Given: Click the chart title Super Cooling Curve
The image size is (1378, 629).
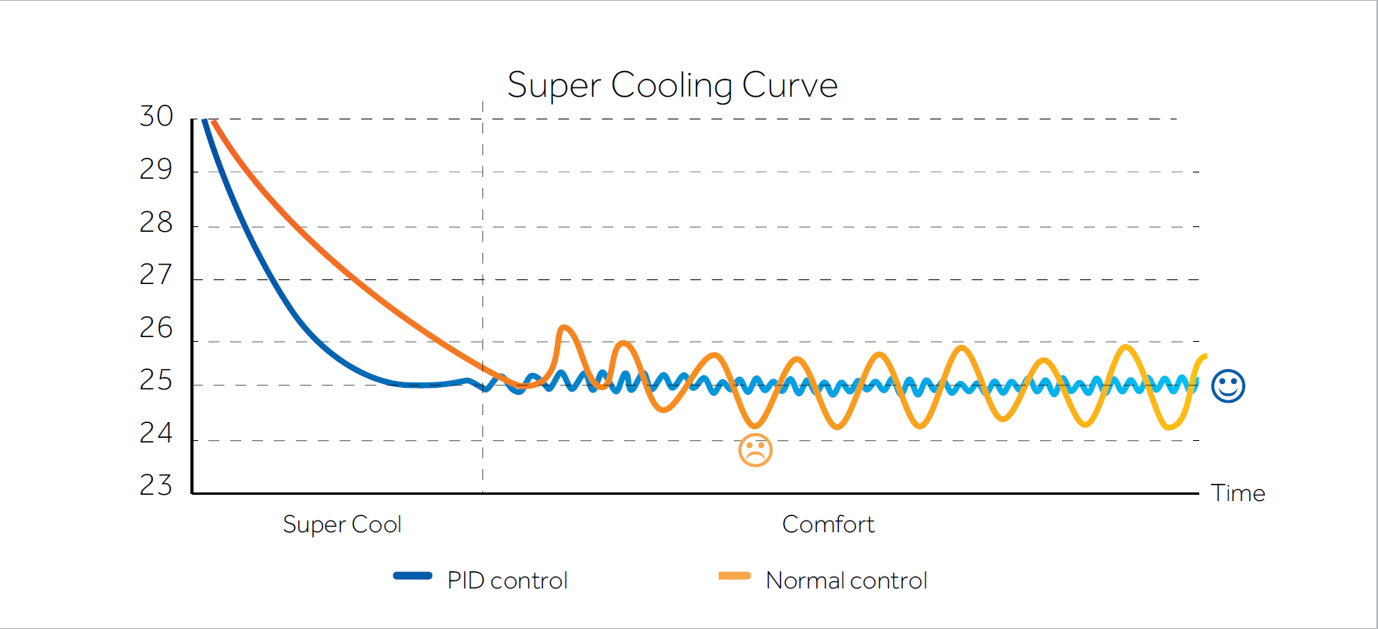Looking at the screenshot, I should point(672,85).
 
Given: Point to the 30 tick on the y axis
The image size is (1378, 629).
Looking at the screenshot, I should point(156,117).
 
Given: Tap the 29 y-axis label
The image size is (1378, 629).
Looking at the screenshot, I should point(156,169).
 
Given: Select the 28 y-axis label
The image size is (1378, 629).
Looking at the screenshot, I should point(156,223).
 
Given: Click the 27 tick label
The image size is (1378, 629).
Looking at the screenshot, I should point(156,275).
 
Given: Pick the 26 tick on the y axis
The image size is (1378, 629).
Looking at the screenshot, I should point(156,328).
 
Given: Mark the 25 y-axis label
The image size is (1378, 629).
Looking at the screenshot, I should point(156,381).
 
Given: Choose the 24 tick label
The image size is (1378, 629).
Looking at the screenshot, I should point(156,433).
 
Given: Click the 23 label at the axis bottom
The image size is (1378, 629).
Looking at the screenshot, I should point(156,485).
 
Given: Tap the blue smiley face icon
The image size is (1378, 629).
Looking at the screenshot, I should point(1228,386).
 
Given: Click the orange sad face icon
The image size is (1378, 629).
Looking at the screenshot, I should point(755,450).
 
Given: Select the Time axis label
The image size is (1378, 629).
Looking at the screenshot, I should point(1238,493).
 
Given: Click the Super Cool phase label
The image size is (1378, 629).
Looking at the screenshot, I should point(342,524).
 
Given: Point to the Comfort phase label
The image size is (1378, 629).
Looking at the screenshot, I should point(828,524).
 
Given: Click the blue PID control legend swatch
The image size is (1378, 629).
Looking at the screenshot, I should point(413,576).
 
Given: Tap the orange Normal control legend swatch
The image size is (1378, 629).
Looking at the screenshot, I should point(734,576).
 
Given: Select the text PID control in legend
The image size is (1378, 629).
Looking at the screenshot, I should point(507,581).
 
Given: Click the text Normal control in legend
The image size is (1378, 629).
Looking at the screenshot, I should point(847,581).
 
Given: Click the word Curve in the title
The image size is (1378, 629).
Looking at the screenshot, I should point(790,85).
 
